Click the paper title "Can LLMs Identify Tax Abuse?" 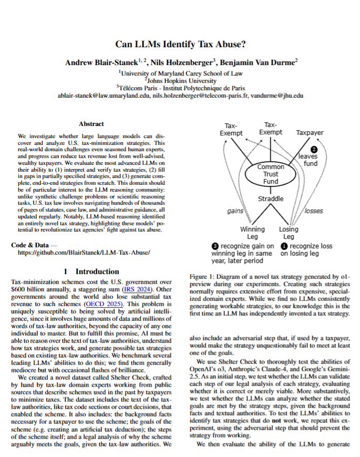tap(180, 45)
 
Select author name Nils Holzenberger tap(179, 63)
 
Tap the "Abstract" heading tap(91, 124)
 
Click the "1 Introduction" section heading tap(91, 272)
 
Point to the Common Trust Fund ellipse tap(271, 174)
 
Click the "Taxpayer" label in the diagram tap(310, 133)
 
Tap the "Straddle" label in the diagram tap(271, 199)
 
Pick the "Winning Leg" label tap(252, 233)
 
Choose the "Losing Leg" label tap(289, 233)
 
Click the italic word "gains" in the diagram tap(234, 211)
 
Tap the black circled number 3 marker tap(215, 245)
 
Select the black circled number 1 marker tap(284, 245)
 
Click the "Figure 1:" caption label tap(201, 276)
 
